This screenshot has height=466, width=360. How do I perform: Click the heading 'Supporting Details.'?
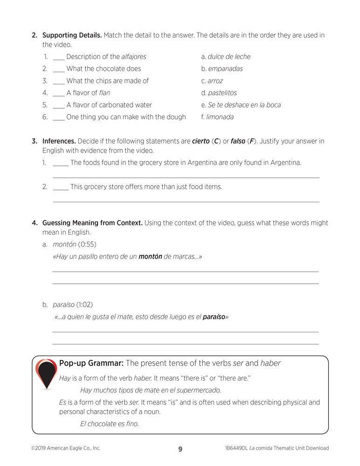[72, 35]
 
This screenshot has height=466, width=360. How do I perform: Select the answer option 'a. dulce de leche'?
[226, 57]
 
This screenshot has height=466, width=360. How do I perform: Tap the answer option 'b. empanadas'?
[222, 69]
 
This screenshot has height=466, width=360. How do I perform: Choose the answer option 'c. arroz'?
[212, 81]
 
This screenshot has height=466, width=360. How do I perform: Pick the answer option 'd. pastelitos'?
[219, 93]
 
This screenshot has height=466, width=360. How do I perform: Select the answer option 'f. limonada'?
[217, 117]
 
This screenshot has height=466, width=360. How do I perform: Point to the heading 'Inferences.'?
[59, 141]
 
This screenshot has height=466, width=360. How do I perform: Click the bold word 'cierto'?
[201, 141]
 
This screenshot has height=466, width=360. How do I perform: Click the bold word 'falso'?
[238, 141]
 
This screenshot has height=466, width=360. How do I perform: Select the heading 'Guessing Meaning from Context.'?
[92, 223]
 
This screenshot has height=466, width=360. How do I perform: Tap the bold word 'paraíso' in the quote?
[214, 317]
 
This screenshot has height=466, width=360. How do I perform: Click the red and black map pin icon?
[46, 373]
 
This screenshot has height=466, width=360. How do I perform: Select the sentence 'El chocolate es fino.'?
[109, 424]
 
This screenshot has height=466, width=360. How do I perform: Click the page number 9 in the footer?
[180, 449]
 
